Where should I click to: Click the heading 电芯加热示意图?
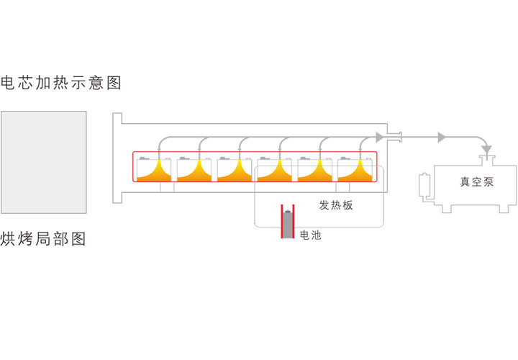tap(61, 83)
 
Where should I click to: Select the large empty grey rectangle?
tap(44, 162)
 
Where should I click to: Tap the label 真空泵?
tap(476, 181)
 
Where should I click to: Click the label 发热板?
tap(336, 205)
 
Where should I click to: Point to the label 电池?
tap(310, 235)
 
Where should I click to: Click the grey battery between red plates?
tap(288, 225)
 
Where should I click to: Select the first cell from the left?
tap(154, 169)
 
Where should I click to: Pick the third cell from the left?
tap(235, 169)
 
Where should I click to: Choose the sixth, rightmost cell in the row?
tap(355, 169)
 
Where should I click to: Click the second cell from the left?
tap(194, 169)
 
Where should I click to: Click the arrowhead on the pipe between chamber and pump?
tap(442, 136)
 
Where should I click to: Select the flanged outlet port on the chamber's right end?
tap(394, 135)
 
